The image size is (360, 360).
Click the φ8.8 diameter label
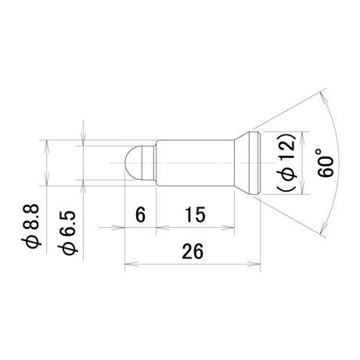coord(31,226)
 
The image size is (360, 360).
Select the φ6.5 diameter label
coord(67,232)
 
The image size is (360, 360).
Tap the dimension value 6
coord(140,214)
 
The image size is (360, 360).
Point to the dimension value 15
coord(195,214)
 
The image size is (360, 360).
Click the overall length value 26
coord(193,251)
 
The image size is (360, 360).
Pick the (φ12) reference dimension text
coord(286,163)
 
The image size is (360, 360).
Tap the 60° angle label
coord(326,163)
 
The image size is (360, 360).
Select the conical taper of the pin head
coord(242,163)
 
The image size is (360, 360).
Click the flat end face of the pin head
coord(260,163)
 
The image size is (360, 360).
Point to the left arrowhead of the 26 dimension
coord(131,264)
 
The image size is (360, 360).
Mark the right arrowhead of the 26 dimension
coord(254,264)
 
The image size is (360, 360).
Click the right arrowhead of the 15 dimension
coord(228,228)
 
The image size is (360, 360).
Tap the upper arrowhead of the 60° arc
coord(323,100)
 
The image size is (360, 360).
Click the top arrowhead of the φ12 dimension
coord(302,139)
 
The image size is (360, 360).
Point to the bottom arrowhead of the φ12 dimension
coord(302,188)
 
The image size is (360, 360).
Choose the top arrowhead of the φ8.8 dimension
coord(46,146)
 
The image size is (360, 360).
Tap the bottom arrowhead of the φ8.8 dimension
coord(46,179)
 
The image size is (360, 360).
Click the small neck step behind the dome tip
coord(155,163)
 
